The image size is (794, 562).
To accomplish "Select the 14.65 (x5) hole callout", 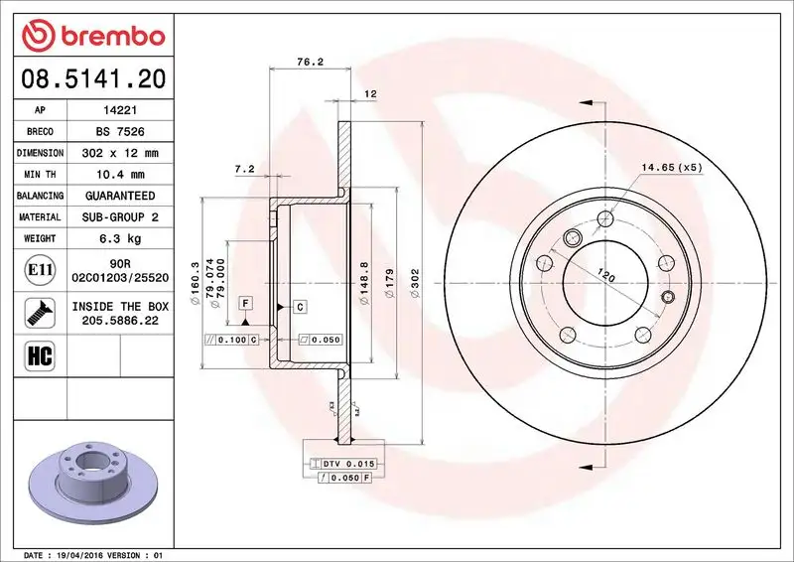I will [671, 167].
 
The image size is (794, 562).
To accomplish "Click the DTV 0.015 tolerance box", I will [342, 464].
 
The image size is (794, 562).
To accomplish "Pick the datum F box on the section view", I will [243, 302].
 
